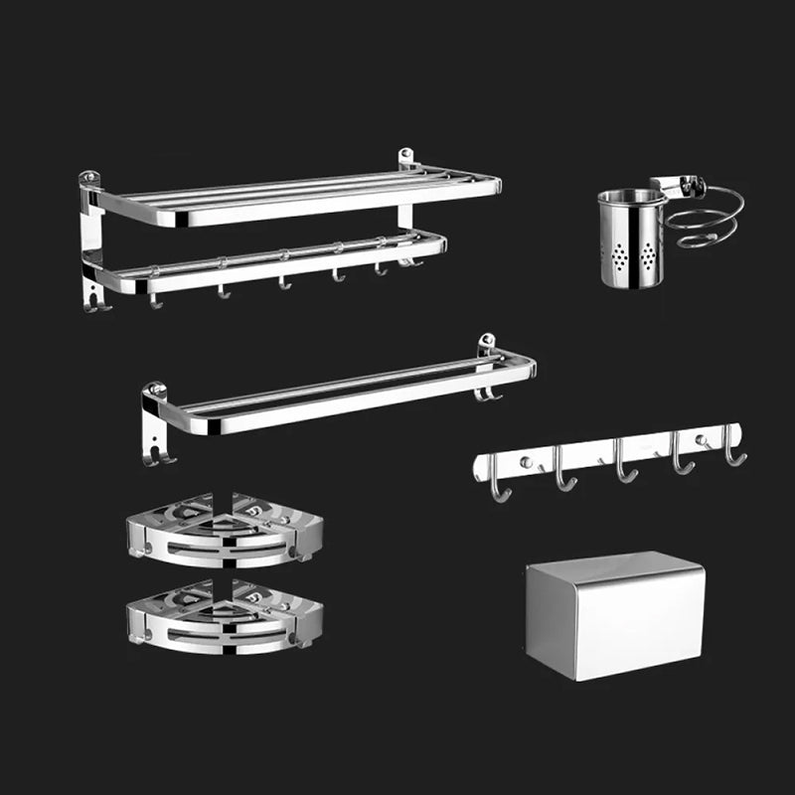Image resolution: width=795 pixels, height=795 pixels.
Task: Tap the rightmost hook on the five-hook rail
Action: click(x=734, y=452)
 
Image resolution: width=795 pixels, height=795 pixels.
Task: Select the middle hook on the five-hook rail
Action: click(x=623, y=467)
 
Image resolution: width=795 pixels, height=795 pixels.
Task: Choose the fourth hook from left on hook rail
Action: click(x=682, y=460)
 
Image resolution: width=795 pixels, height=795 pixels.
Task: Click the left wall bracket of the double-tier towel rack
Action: click(x=91, y=238)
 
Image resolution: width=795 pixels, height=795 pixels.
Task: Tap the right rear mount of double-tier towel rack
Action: click(x=406, y=162)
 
